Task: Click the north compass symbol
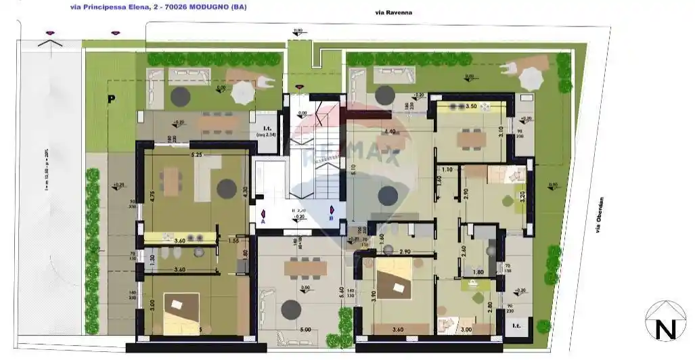coord(665,321)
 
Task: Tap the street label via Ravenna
coord(394,13)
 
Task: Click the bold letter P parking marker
coord(110,99)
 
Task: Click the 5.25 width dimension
coord(198,155)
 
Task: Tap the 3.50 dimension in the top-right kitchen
coord(472,106)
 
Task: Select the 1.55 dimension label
coord(233,240)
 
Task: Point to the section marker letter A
coord(263,221)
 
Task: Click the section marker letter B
coord(331,218)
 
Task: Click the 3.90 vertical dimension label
coord(372,295)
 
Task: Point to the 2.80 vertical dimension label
coord(489,305)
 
